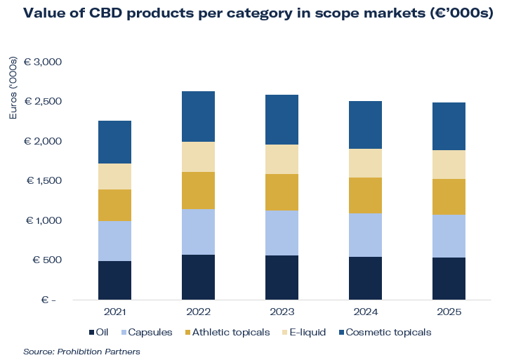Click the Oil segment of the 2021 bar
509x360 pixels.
(114, 280)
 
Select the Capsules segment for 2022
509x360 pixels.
(198, 232)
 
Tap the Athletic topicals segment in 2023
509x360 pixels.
(282, 192)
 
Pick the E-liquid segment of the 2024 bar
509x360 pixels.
(365, 163)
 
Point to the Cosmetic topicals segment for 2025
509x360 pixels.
(449, 126)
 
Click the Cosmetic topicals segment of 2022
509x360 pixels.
(198, 116)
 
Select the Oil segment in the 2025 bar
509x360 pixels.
(449, 278)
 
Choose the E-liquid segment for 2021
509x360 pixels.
(114, 176)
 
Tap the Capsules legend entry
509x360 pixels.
(147, 331)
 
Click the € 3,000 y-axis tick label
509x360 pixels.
(44, 62)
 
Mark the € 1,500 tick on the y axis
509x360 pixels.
(44, 180)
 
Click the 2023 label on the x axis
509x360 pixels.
(282, 311)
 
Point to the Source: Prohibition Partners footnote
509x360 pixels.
(81, 351)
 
